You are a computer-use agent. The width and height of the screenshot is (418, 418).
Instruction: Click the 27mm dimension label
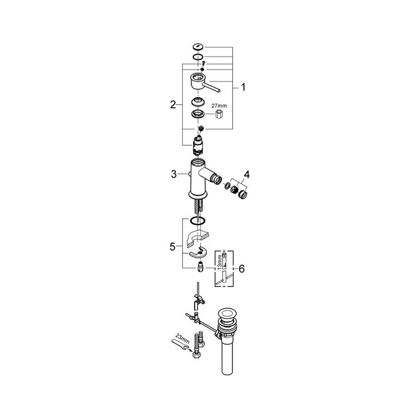tap(220, 106)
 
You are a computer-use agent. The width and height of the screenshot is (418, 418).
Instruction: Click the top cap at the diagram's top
tap(198, 47)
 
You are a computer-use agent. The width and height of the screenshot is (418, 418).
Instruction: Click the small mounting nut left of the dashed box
tap(200, 267)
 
